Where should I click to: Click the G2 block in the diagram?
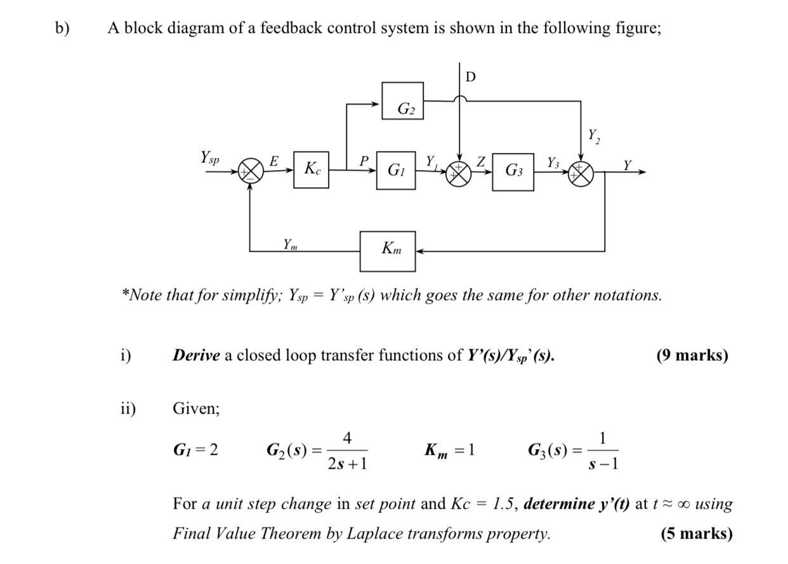403,101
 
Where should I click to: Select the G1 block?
396,170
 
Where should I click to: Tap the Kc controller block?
312,169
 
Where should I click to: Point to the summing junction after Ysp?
251,171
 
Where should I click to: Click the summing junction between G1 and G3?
459,172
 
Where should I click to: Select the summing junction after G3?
581,172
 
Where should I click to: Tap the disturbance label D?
470,77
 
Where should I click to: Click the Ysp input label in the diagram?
210,157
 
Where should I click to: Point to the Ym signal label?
290,243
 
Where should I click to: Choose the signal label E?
274,161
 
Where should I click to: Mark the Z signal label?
481,162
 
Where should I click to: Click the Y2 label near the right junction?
593,135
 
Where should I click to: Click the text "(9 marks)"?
692,355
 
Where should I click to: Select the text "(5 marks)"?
696,534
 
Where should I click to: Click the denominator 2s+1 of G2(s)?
347,464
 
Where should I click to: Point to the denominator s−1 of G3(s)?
603,464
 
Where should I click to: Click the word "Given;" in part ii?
196,409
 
